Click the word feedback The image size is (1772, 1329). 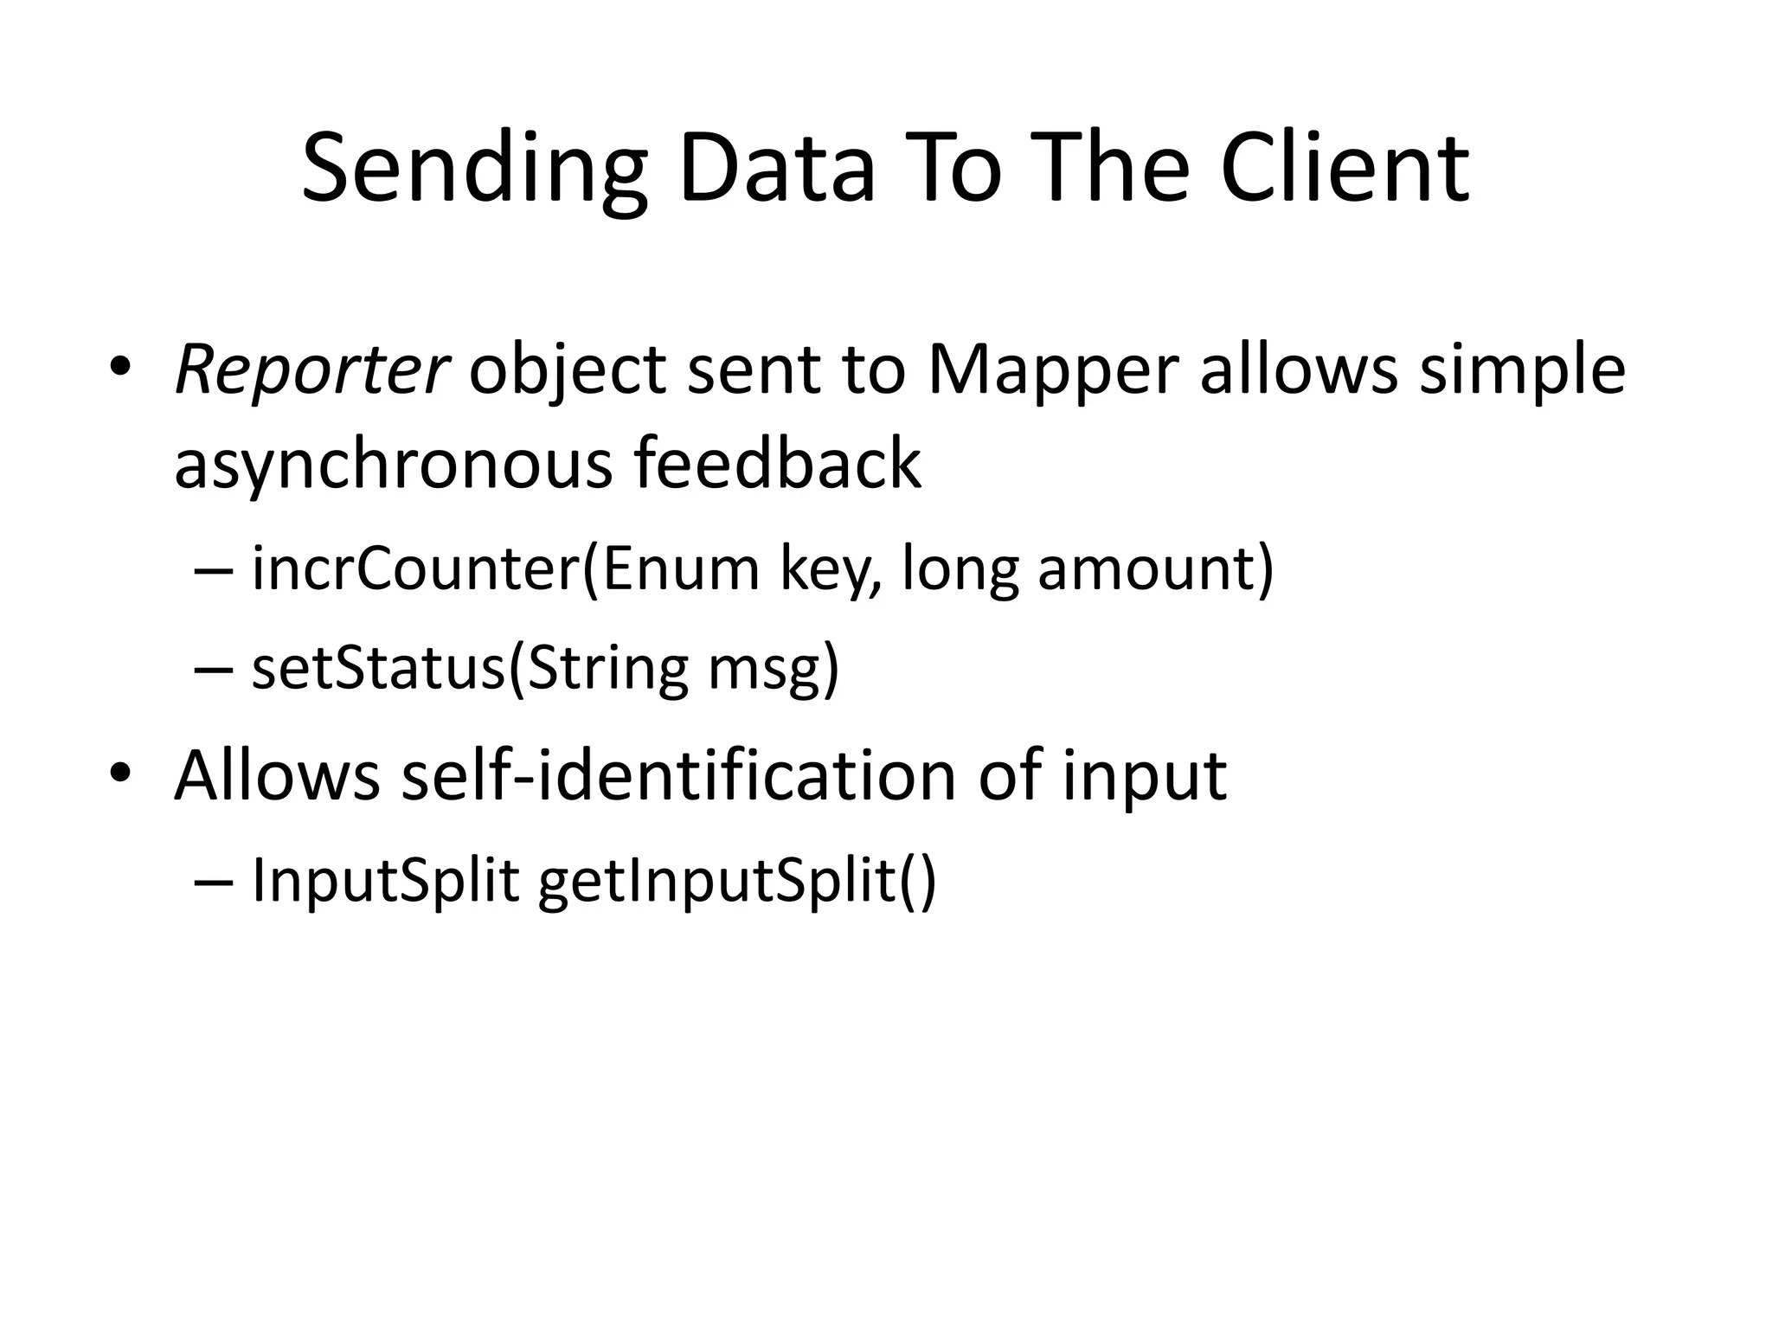click(x=777, y=462)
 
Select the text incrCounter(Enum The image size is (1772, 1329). click(x=505, y=569)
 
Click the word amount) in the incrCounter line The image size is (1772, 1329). click(x=1155, y=569)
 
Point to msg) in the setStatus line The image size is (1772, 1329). click(x=774, y=670)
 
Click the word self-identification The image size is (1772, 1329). click(x=678, y=774)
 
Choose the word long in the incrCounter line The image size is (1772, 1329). click(x=959, y=571)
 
